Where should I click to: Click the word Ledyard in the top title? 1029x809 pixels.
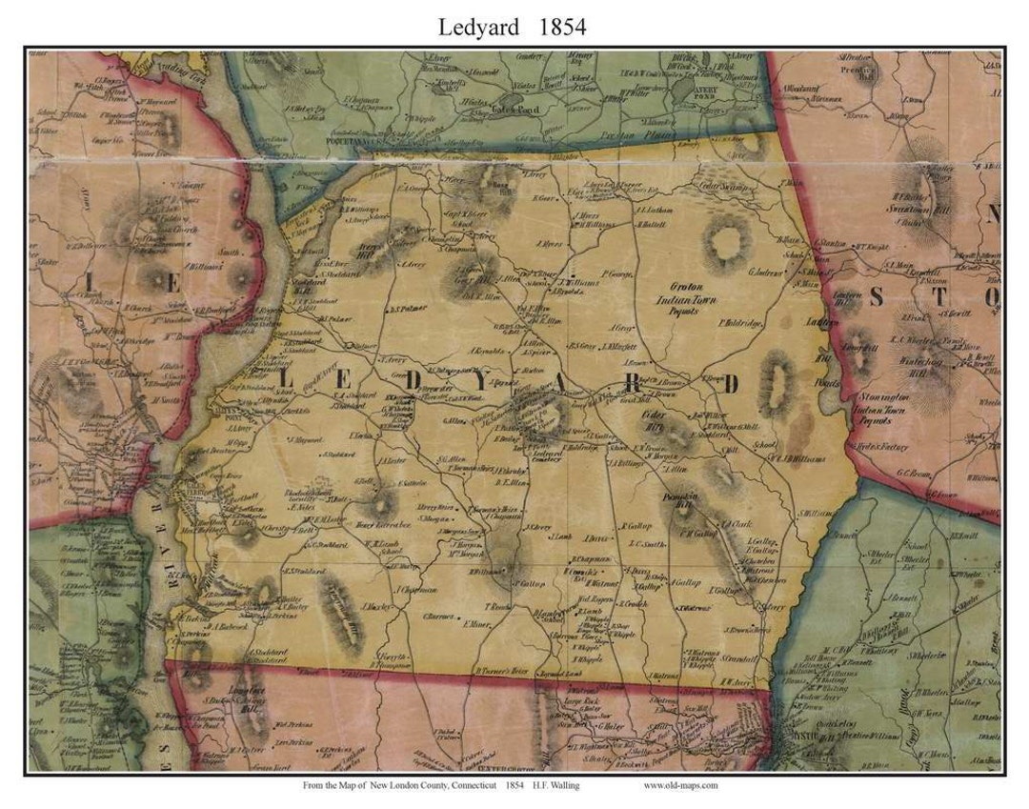[x=478, y=28]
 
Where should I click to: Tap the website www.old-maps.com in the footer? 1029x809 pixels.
[x=680, y=786]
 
